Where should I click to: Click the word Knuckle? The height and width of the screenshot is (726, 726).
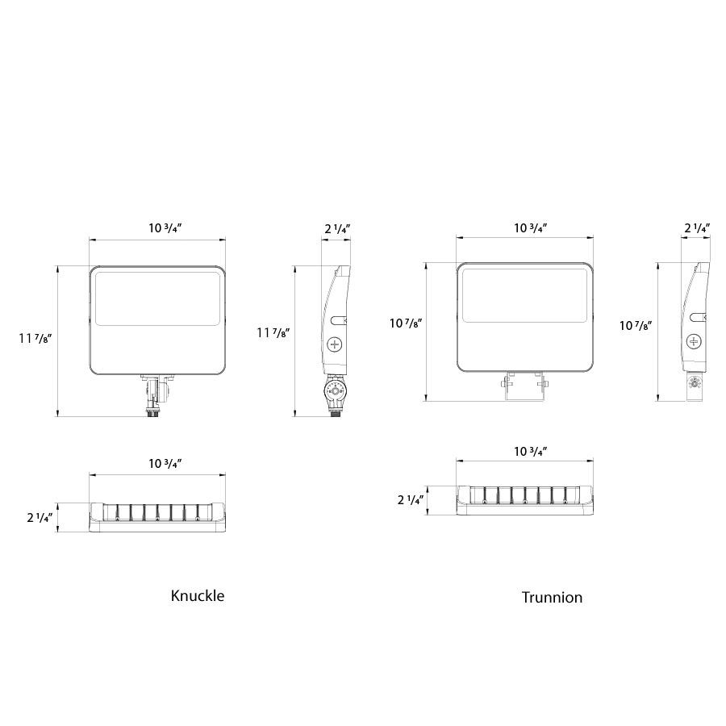(198, 595)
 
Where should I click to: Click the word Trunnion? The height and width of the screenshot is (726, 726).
(552, 597)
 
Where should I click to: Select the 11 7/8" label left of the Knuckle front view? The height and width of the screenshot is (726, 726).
(35, 339)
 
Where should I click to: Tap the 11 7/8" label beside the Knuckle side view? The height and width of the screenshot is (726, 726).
(273, 332)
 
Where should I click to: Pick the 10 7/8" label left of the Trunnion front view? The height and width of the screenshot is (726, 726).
(406, 323)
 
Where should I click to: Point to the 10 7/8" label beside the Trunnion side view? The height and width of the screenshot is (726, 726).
(636, 326)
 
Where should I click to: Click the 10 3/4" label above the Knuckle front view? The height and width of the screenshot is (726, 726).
(165, 227)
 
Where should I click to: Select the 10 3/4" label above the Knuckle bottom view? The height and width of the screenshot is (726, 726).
(165, 464)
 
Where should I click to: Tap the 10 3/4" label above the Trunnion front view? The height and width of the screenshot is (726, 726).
(531, 227)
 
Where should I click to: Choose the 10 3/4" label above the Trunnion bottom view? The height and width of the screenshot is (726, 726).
(531, 452)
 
